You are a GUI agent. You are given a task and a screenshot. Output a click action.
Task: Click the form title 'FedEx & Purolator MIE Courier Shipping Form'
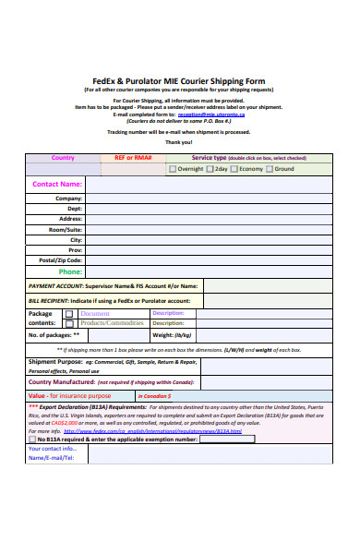179,80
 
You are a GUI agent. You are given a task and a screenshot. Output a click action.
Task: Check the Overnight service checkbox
173,170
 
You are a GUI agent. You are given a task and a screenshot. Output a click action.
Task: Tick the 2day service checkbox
210,170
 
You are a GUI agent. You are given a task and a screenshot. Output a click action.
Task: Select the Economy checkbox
234,170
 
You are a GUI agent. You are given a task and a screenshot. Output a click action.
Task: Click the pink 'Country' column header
64,158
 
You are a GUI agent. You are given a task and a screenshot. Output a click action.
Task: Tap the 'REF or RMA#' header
133,158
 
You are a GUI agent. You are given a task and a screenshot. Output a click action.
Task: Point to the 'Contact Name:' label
57,185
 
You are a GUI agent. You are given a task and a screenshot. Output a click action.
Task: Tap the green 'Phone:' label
71,272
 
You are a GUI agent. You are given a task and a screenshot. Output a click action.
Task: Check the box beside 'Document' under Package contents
70,314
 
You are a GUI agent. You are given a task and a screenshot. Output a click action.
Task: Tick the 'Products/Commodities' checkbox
70,323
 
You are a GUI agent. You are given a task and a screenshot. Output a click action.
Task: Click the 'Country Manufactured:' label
63,381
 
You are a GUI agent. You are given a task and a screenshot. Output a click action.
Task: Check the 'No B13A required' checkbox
34,440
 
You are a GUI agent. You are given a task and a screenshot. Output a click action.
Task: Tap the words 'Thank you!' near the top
179,142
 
